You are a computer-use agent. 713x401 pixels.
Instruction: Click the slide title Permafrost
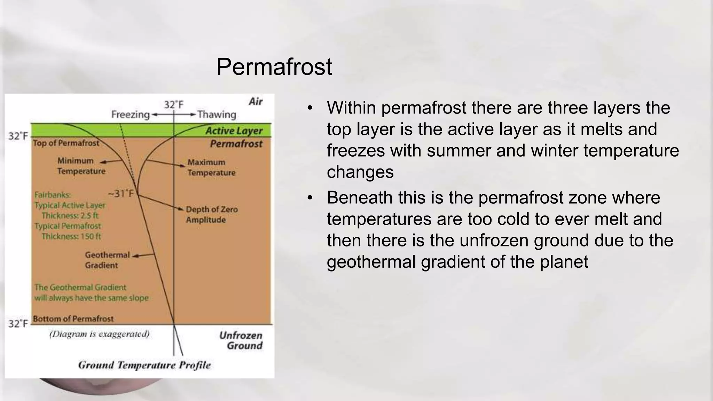click(x=274, y=67)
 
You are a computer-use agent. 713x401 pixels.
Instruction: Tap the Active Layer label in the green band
click(x=234, y=131)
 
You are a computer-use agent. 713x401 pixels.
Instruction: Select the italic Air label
click(x=256, y=102)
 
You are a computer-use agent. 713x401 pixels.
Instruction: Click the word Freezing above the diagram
click(x=130, y=115)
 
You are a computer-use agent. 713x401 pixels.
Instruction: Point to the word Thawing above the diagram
click(x=217, y=115)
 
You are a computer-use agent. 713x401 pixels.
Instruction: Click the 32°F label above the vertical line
click(x=173, y=105)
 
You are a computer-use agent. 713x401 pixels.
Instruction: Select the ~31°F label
click(x=121, y=194)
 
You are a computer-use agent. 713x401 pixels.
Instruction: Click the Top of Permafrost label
click(x=66, y=143)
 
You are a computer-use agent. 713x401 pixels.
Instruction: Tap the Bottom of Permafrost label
click(x=73, y=319)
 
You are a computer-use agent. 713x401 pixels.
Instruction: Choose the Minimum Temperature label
click(x=81, y=166)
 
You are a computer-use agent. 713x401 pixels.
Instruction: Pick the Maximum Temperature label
click(x=211, y=167)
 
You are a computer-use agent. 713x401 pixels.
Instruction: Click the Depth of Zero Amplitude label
click(x=211, y=214)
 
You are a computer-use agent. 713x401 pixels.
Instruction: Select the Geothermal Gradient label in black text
click(x=107, y=260)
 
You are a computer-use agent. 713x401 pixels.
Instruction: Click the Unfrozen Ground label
click(x=241, y=340)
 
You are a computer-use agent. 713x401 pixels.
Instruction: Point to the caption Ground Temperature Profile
click(x=144, y=365)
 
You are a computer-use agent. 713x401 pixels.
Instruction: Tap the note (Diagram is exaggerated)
click(x=99, y=334)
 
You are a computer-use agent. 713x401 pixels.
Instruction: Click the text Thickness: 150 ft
click(x=71, y=237)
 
